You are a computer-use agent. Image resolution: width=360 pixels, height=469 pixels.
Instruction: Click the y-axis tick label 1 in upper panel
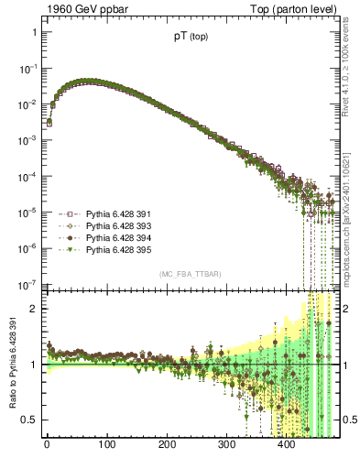(35, 33)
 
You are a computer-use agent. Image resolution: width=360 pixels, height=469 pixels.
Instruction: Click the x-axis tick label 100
(106, 446)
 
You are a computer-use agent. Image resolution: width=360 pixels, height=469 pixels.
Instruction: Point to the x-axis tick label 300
(226, 446)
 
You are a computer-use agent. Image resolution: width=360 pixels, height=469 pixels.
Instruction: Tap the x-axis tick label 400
(286, 446)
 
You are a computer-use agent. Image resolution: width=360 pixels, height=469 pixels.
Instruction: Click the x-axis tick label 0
(47, 446)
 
